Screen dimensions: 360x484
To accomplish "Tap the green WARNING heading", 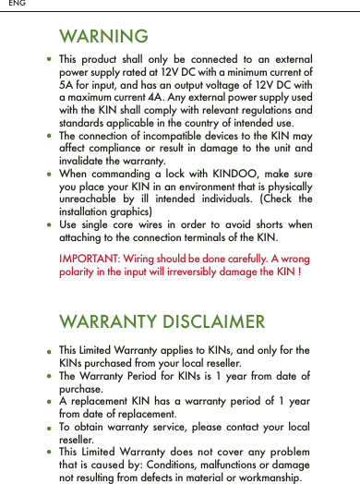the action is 103,37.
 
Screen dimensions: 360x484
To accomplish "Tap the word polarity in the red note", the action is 78,274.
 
